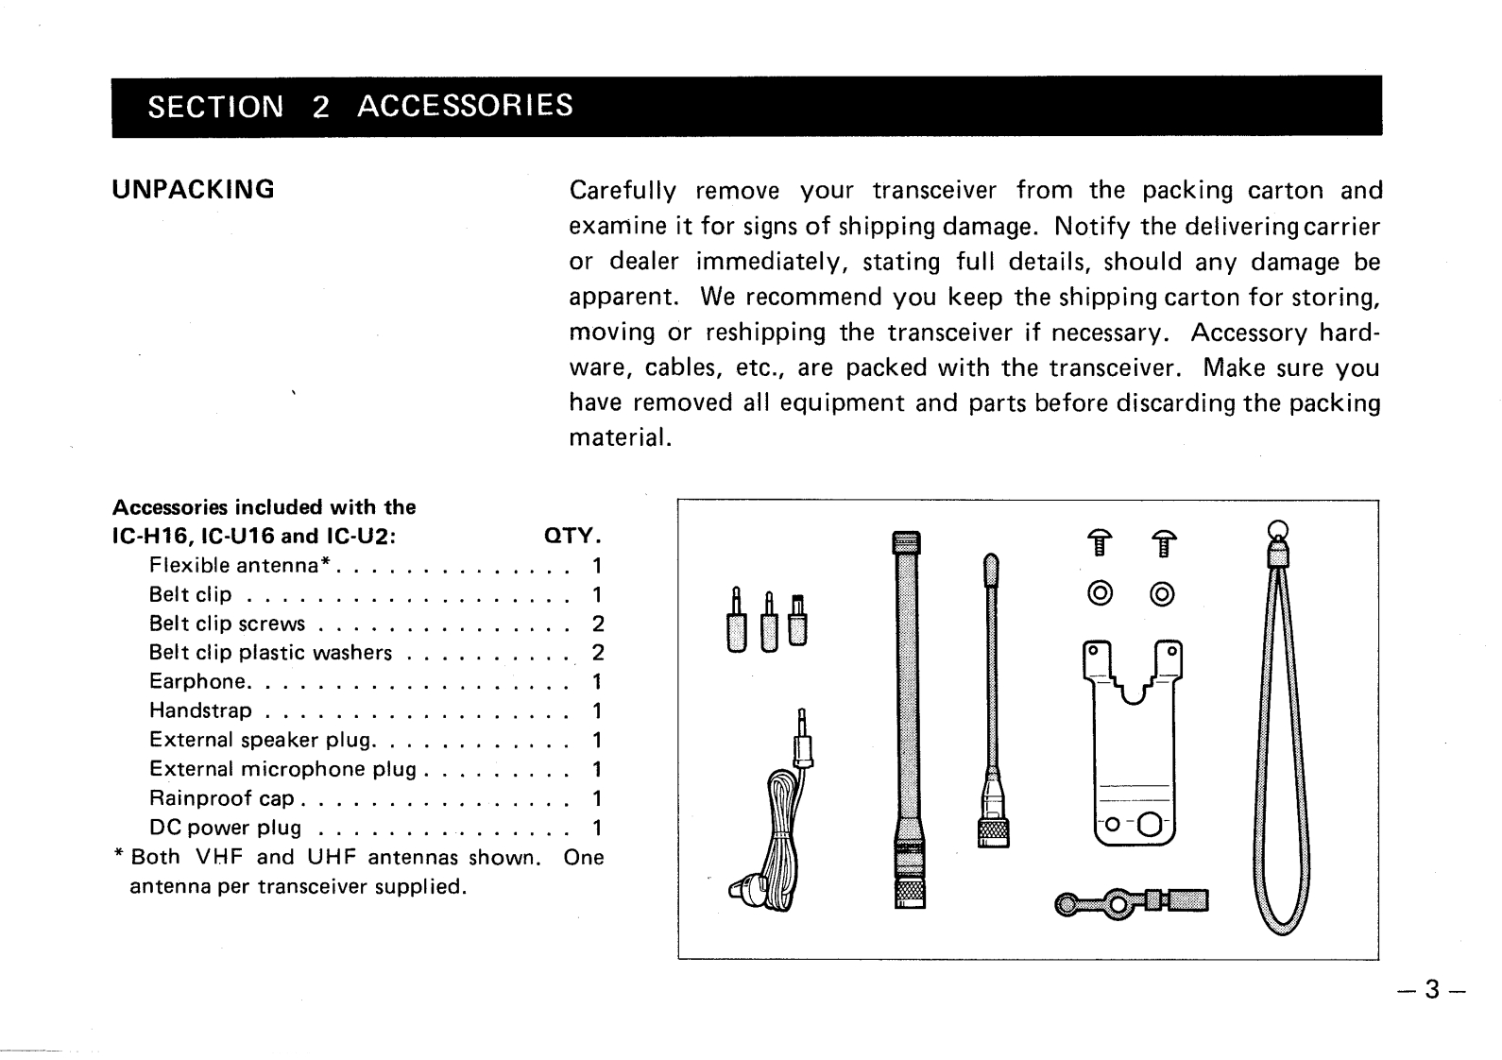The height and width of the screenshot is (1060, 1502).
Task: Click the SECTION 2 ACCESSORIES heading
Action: point(360,106)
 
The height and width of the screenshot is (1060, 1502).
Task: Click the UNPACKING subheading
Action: point(194,190)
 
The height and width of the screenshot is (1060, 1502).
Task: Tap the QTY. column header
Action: point(572,537)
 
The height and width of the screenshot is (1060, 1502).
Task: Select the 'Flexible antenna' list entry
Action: point(239,566)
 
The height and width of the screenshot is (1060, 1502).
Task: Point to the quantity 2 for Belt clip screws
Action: point(597,624)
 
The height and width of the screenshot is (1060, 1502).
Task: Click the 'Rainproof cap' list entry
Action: point(222,798)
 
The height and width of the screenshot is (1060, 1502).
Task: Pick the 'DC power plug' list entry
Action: point(226,828)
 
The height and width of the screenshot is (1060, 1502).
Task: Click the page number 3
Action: point(1432,989)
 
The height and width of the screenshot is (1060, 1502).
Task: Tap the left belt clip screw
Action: point(1099,545)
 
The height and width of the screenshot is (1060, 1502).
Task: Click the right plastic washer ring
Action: point(1163,594)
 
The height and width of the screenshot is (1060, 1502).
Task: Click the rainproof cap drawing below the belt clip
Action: point(1132,904)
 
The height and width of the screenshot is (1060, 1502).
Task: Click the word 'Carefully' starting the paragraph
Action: point(623,191)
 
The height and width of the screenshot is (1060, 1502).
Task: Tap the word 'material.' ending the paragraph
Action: point(620,438)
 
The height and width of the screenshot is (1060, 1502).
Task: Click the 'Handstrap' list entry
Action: point(201,710)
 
